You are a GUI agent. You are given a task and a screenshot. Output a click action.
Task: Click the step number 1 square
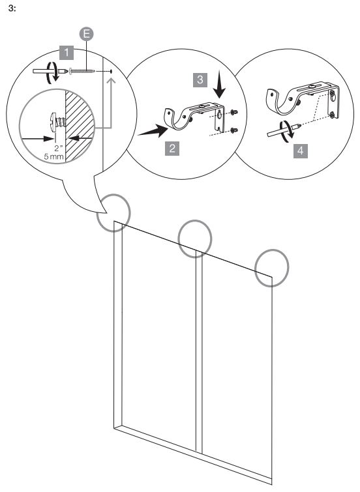point(67,52)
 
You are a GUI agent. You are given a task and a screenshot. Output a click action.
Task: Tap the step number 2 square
point(172,148)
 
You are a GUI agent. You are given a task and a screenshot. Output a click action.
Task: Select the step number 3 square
point(200,80)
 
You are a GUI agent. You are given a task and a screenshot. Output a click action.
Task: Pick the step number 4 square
point(301,151)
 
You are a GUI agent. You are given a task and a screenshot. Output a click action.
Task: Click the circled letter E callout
point(86,34)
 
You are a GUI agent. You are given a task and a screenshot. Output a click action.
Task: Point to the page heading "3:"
point(12,8)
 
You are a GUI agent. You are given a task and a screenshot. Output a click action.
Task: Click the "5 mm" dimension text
point(53,156)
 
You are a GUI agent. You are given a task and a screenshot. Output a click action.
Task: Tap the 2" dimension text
point(59,149)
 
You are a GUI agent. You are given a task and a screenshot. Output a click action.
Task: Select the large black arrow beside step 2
point(154,131)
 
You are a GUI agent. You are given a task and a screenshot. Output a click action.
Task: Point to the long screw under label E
point(82,71)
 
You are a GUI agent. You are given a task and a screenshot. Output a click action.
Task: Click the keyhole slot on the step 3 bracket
point(220,115)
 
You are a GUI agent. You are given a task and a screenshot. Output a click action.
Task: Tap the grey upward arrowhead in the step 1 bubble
point(112,82)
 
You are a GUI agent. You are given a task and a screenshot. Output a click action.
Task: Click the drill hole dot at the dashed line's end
point(112,72)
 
